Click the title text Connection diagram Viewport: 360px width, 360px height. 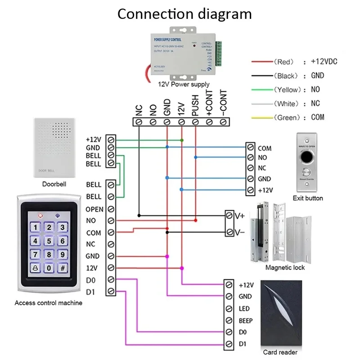click(184, 14)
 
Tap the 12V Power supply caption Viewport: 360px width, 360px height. click(184, 84)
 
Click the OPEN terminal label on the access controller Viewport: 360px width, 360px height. click(94, 209)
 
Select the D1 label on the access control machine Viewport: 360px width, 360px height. click(90, 292)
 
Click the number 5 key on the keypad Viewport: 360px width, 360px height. click(49, 241)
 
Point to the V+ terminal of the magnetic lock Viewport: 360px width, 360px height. click(239, 216)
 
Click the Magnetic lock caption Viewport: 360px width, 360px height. click(285, 268)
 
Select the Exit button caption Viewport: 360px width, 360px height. click(308, 198)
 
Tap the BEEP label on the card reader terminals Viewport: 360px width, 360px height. click(246, 321)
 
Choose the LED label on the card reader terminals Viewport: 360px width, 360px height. click(244, 309)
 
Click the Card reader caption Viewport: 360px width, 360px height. click(280, 352)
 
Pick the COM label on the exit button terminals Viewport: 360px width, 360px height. click(265, 148)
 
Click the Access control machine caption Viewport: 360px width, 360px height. click(49, 303)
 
